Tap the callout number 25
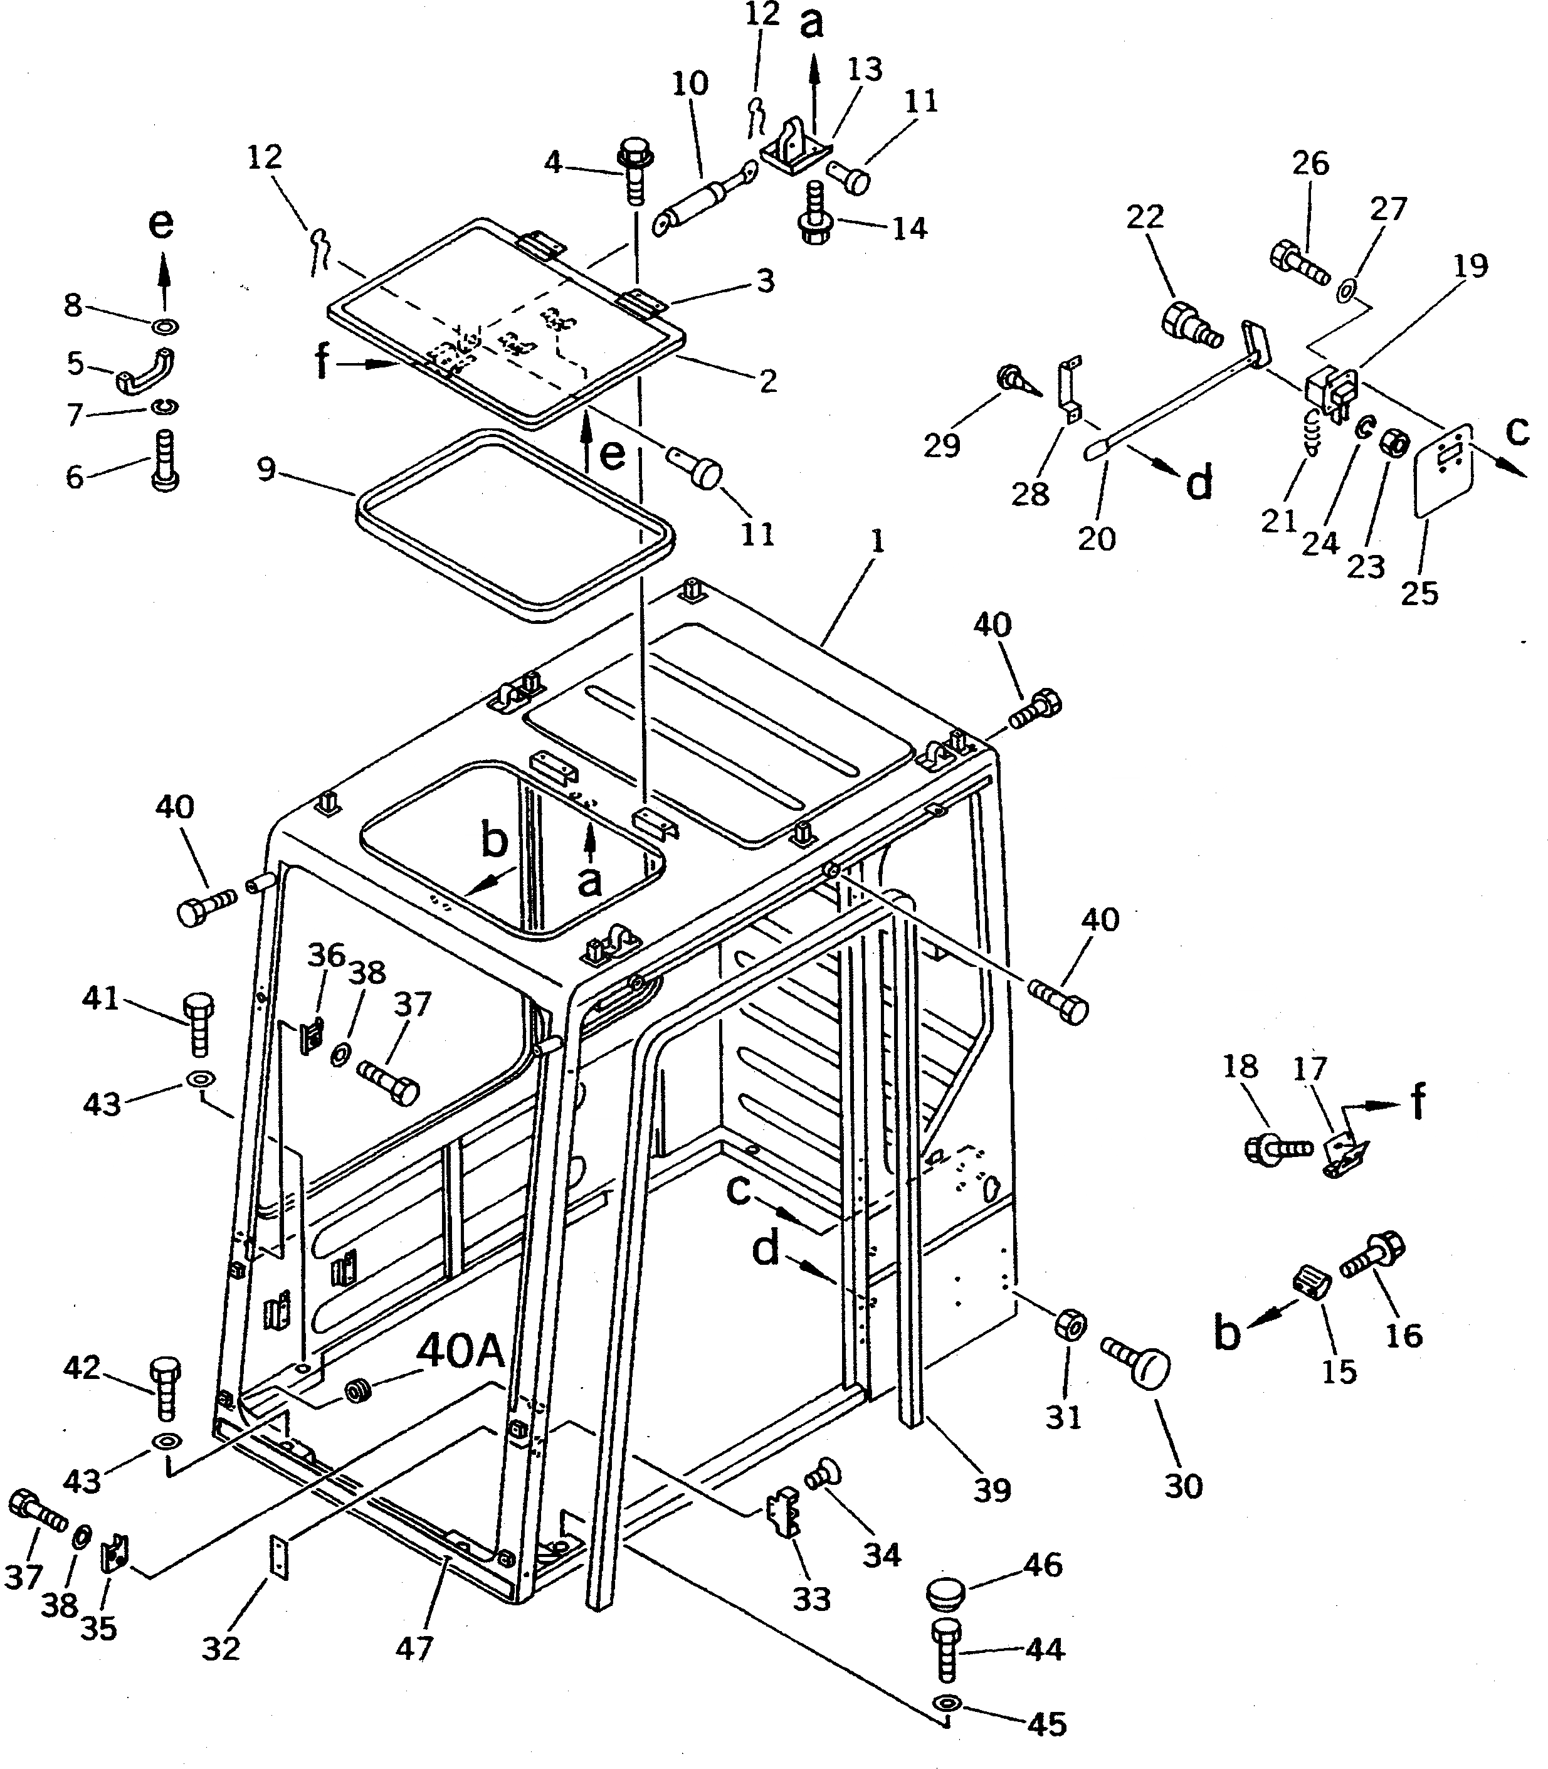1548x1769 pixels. pyautogui.click(x=1419, y=593)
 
